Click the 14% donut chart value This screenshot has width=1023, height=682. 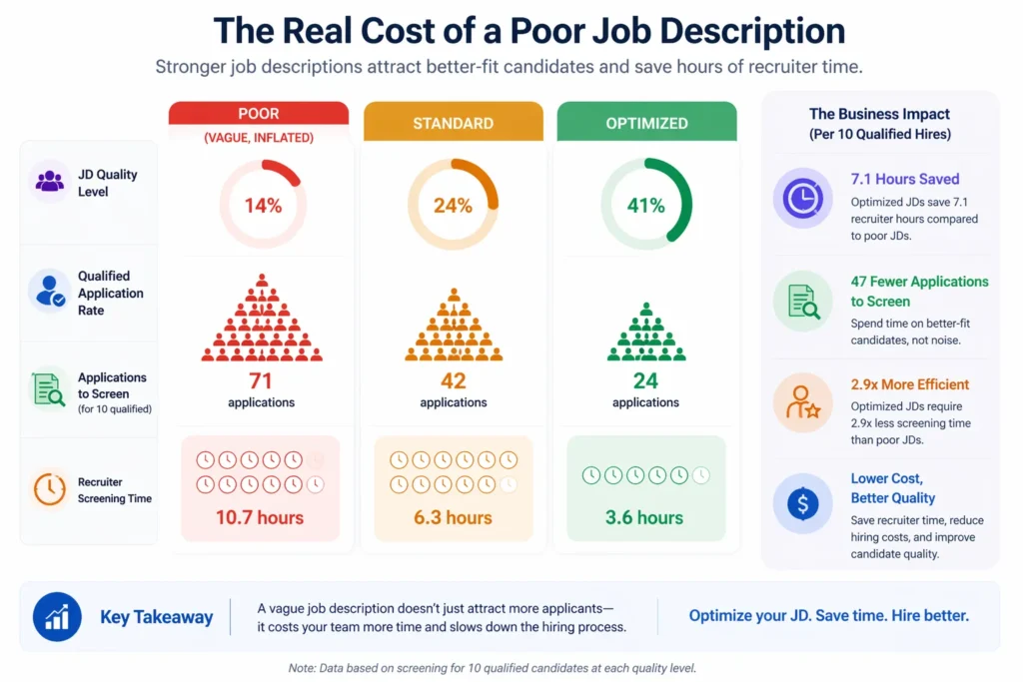point(263,206)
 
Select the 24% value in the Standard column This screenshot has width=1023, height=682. point(453,206)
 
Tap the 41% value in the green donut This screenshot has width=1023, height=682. point(645,206)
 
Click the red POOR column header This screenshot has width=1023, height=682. point(258,113)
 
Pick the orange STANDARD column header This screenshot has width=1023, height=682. point(453,124)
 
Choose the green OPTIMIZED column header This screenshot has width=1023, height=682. point(645,124)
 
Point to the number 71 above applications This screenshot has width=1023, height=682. point(261,381)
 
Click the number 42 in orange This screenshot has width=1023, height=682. point(453,381)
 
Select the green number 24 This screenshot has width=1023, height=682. point(645,381)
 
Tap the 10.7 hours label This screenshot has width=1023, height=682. point(260,517)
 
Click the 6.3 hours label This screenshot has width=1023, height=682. point(453,517)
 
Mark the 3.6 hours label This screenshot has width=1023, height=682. point(645,517)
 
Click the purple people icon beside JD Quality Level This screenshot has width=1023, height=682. point(49,182)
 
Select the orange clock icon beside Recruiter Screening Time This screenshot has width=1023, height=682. point(49,489)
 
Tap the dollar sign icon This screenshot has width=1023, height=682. point(802,503)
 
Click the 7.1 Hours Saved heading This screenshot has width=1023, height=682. point(904,180)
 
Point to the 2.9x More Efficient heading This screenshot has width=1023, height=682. point(909,384)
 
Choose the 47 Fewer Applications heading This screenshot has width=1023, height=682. point(919,291)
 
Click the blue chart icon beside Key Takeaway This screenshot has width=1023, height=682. point(57,616)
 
